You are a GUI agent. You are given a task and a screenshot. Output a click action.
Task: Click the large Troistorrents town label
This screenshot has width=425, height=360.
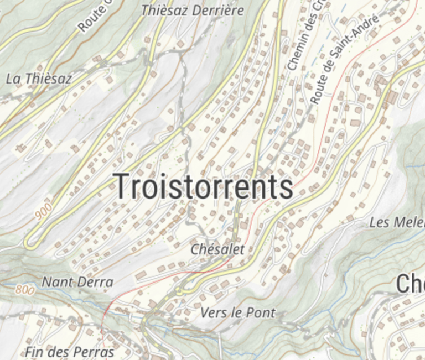click(203, 186)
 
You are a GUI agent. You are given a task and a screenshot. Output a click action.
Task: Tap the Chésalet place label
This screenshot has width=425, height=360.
click(217, 249)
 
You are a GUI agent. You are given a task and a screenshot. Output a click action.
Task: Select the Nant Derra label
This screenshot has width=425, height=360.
click(77, 282)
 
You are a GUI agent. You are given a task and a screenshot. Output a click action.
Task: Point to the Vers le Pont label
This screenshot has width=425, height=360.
click(237, 312)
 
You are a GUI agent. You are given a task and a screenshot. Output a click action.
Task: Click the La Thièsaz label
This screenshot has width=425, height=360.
click(39, 79)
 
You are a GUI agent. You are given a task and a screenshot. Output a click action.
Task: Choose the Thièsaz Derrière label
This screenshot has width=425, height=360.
click(193, 10)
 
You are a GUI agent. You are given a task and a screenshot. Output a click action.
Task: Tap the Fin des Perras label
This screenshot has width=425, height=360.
click(69, 352)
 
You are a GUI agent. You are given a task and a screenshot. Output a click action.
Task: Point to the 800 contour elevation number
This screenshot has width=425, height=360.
click(25, 289)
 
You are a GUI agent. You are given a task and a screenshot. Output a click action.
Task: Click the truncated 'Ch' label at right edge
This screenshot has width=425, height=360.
click(410, 284)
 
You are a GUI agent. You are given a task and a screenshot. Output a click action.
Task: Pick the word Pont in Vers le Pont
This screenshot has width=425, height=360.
click(260, 312)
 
